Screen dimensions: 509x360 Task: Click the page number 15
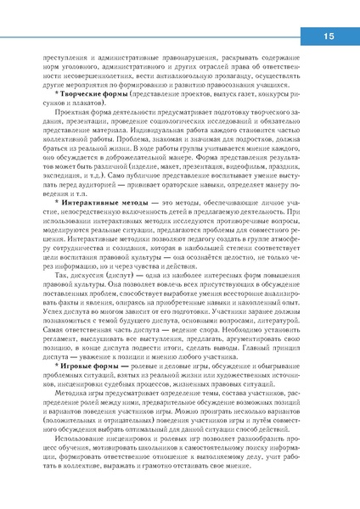(x=329, y=36)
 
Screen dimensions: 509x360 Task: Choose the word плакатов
(x=85, y=104)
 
